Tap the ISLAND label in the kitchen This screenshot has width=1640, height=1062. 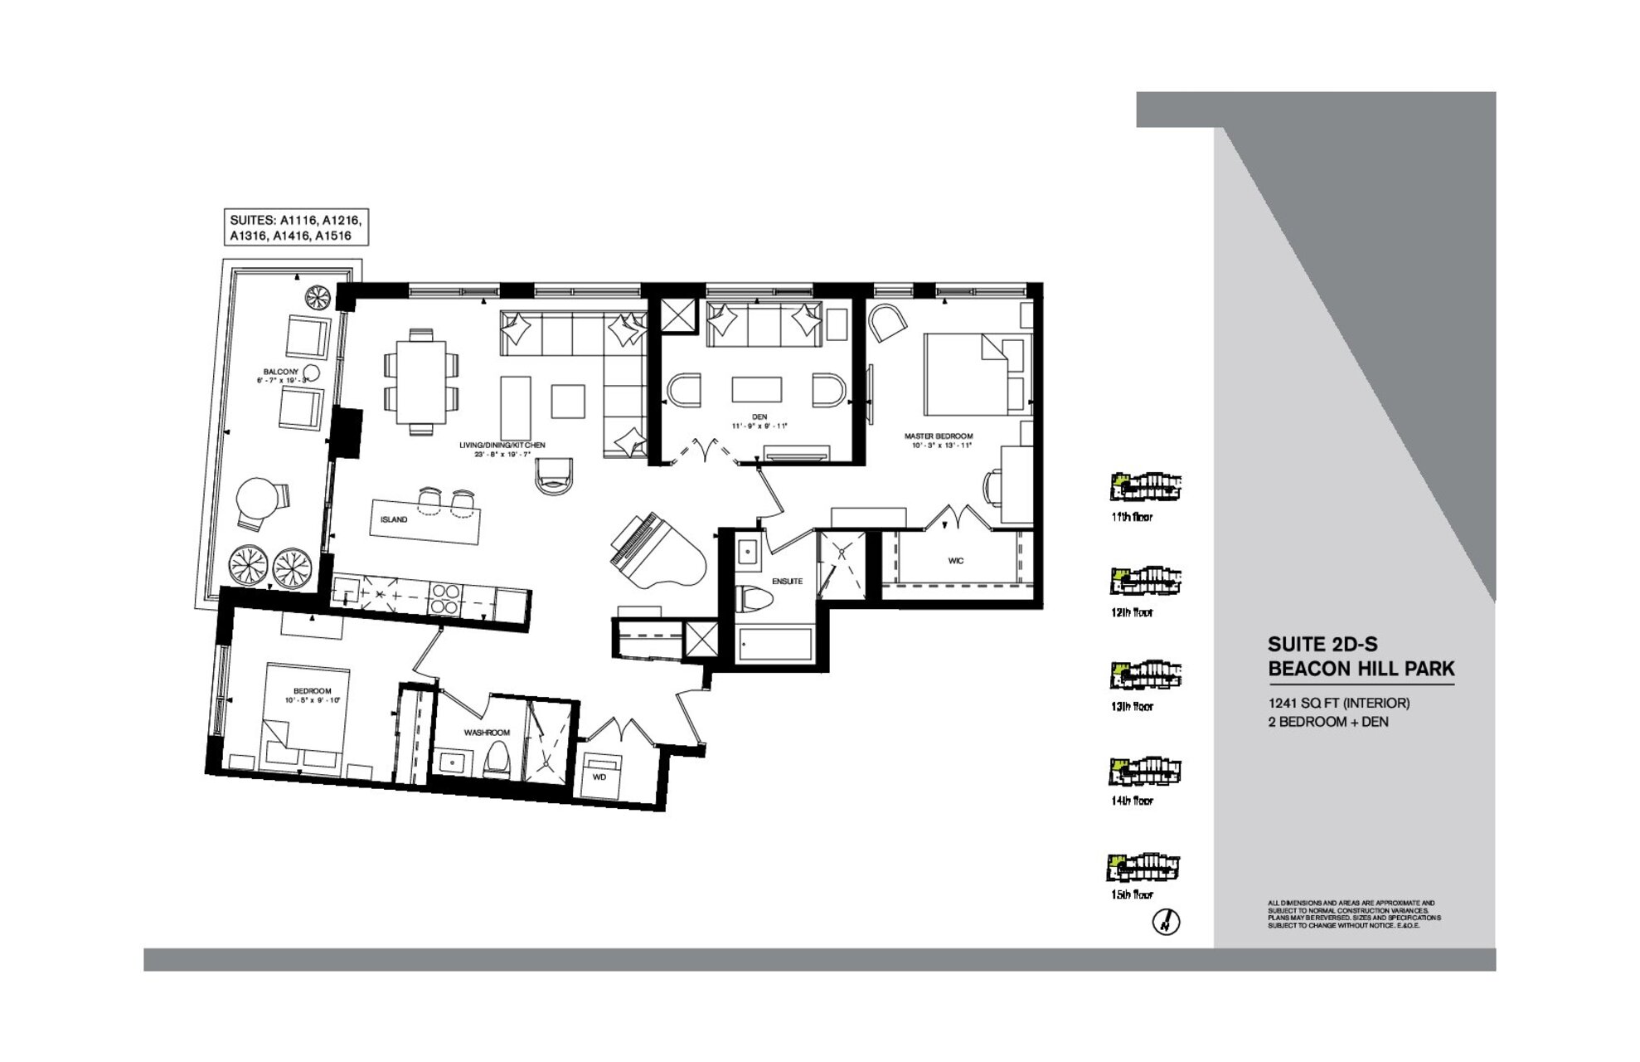(394, 519)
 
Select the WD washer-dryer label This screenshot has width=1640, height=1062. (599, 777)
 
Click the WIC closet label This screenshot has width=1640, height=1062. (955, 561)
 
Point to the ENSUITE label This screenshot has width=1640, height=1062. (787, 582)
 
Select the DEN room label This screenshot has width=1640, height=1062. (759, 417)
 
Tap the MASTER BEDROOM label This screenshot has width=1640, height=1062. (938, 436)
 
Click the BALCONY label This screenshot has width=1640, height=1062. (281, 372)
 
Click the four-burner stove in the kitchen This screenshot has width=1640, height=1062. (444, 599)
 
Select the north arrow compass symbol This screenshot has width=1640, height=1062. (1167, 922)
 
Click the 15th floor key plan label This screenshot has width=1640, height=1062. (1132, 895)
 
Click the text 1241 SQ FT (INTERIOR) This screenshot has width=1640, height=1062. (1338, 703)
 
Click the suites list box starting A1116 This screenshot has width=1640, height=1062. (296, 228)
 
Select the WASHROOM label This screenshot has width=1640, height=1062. (486, 733)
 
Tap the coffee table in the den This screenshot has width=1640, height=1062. (756, 390)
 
